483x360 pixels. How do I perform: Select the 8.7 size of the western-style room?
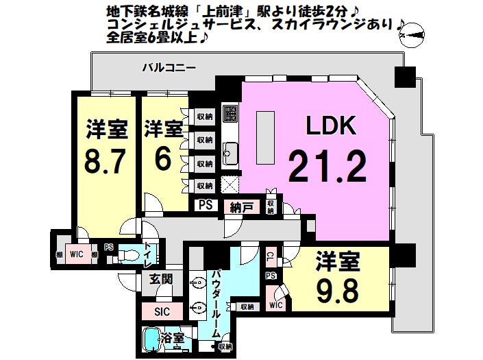(x=105, y=162)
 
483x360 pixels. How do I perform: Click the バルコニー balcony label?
(x=169, y=68)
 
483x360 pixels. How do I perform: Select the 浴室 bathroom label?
(x=172, y=338)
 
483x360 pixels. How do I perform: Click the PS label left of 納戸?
(x=205, y=204)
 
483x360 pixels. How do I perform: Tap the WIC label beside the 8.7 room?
(x=76, y=254)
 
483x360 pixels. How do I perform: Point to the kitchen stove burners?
(x=229, y=112)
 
